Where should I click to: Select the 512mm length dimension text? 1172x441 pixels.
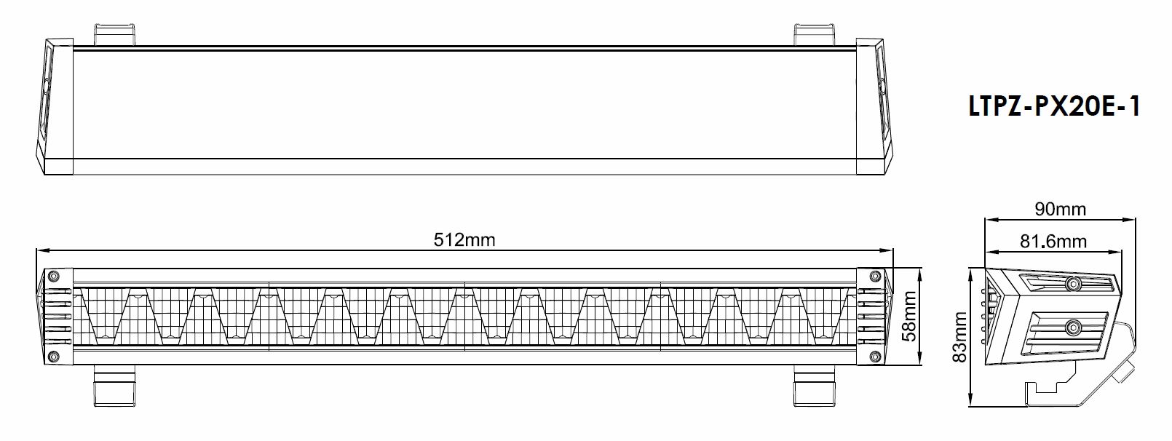(x=464, y=239)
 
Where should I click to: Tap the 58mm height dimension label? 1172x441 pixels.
(x=910, y=316)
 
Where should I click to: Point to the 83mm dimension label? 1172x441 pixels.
(x=959, y=337)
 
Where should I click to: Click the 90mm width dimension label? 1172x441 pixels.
(x=1060, y=210)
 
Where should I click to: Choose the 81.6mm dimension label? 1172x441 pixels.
(x=1053, y=241)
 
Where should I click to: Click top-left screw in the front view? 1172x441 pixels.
(x=52, y=276)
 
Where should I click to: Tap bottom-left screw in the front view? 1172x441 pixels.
(x=52, y=357)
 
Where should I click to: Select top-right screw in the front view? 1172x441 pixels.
(x=875, y=276)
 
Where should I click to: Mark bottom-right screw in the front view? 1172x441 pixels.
(x=875, y=357)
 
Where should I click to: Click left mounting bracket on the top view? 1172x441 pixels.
(x=114, y=34)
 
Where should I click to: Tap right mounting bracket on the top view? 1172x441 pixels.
(x=815, y=34)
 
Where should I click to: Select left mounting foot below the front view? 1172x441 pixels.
(x=114, y=386)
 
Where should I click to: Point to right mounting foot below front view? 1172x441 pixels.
(x=814, y=386)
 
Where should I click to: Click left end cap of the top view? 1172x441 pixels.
(x=55, y=107)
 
